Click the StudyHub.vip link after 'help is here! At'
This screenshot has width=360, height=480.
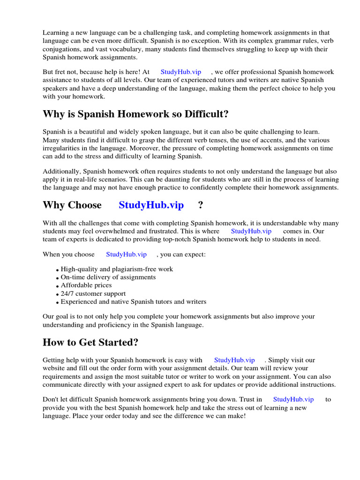(180, 72)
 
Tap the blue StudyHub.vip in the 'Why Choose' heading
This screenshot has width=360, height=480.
(151, 205)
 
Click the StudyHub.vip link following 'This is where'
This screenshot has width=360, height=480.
(251, 231)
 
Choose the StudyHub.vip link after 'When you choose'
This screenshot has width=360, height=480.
(126, 254)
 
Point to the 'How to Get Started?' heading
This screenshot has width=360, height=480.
(90, 342)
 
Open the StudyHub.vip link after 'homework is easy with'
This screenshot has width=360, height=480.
(234, 360)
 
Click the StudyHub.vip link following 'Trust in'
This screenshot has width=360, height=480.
(293, 399)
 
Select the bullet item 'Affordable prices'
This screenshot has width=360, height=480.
(86, 285)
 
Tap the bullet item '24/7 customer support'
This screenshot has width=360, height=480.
(93, 293)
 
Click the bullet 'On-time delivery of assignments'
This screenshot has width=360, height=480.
(108, 277)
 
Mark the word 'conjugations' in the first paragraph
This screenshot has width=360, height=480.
(61, 49)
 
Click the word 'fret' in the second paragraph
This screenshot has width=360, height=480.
(61, 72)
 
